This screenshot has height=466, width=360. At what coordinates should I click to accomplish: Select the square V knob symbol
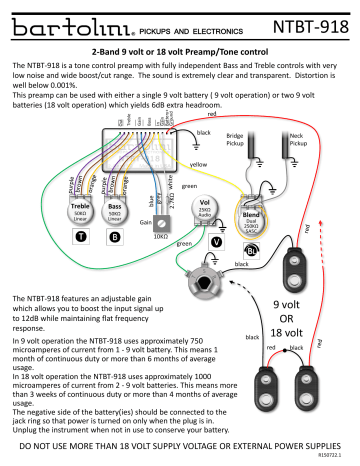(217, 242)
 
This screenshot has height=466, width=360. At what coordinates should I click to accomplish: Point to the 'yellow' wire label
(198, 163)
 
